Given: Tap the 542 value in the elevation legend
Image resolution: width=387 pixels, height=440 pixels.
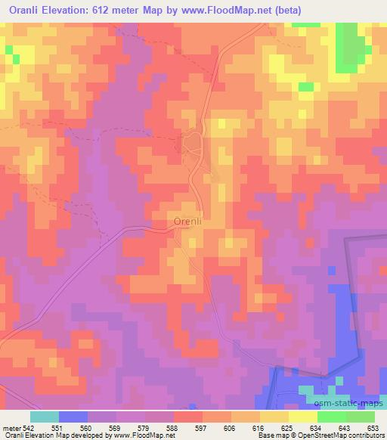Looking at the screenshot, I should pyautogui.click(x=29, y=427).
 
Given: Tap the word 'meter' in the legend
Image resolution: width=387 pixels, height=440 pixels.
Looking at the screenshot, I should pyautogui.click(x=10, y=427).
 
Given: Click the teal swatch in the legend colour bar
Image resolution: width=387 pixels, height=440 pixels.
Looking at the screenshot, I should pyautogui.click(x=44, y=417).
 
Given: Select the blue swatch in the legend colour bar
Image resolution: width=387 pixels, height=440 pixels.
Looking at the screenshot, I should pyautogui.click(x=73, y=417).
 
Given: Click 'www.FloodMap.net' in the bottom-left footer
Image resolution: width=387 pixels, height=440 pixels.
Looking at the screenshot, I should pyautogui.click(x=139, y=436).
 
